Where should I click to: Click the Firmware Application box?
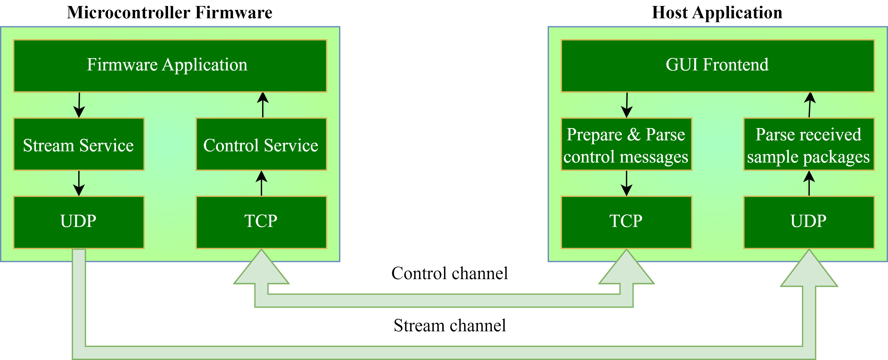pos(170,66)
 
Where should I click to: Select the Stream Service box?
pos(78,144)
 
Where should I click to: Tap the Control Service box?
pos(261,144)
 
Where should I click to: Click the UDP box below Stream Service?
pos(78,222)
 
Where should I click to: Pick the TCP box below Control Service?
pos(261,222)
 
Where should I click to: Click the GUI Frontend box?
pos(717,66)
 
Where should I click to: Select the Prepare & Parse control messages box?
pos(626,144)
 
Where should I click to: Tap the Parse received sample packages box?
pos(808,144)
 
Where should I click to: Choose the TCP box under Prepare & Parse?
pos(626,222)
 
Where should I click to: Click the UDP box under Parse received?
pos(808,222)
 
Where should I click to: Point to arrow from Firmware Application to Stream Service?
pos(79,105)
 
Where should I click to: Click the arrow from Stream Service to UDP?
pos(79,183)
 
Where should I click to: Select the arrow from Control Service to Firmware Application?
pos(263,105)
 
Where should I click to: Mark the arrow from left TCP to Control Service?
pos(261,183)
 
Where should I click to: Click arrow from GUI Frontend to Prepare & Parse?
pos(627,105)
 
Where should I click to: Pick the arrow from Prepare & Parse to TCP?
pos(626,183)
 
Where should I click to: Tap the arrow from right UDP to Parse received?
pos(809,183)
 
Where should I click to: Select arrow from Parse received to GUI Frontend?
pos(810,105)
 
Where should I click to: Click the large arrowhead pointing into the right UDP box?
pos(809,271)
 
